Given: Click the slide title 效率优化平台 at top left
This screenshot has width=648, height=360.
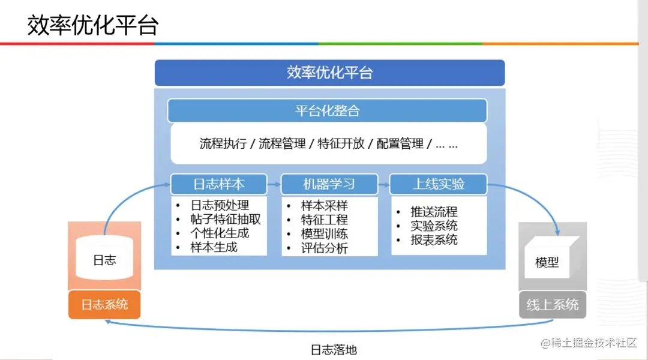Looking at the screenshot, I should tap(93, 25).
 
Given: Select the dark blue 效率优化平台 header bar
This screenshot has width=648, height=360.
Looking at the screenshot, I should tap(329, 73).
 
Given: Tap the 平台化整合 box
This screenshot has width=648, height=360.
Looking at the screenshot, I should tap(327, 110).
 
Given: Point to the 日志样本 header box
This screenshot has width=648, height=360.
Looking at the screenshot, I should tap(218, 184).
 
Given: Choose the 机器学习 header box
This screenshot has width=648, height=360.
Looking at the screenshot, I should tap(329, 184).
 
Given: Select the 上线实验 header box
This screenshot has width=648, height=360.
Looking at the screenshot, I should tap(438, 184).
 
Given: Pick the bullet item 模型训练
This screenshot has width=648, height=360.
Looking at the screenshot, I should tap(324, 234).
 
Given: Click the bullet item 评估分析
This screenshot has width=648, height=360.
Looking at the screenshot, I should tap(324, 248).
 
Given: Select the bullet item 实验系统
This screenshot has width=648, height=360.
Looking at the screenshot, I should tap(434, 226).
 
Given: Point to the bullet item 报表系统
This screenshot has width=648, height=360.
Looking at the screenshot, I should tap(434, 239).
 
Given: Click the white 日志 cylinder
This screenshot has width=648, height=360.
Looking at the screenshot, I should tap(104, 259).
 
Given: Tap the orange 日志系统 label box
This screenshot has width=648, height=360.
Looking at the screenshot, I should tap(104, 304).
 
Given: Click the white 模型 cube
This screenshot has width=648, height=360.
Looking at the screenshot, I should tap(547, 262).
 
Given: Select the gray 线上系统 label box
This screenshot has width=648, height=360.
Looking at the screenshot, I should tap(553, 304).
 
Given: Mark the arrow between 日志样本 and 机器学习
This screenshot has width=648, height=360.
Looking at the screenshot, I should tap(273, 184).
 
